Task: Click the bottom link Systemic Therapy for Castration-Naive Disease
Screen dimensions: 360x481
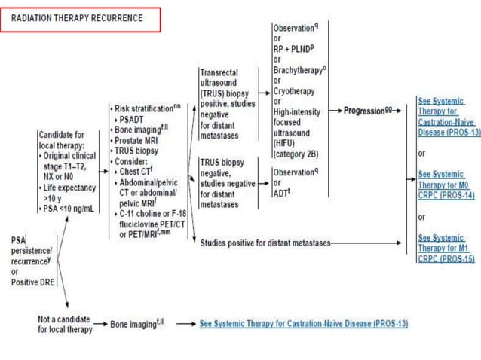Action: tap(304, 324)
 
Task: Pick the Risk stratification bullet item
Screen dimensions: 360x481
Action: tap(146, 108)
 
